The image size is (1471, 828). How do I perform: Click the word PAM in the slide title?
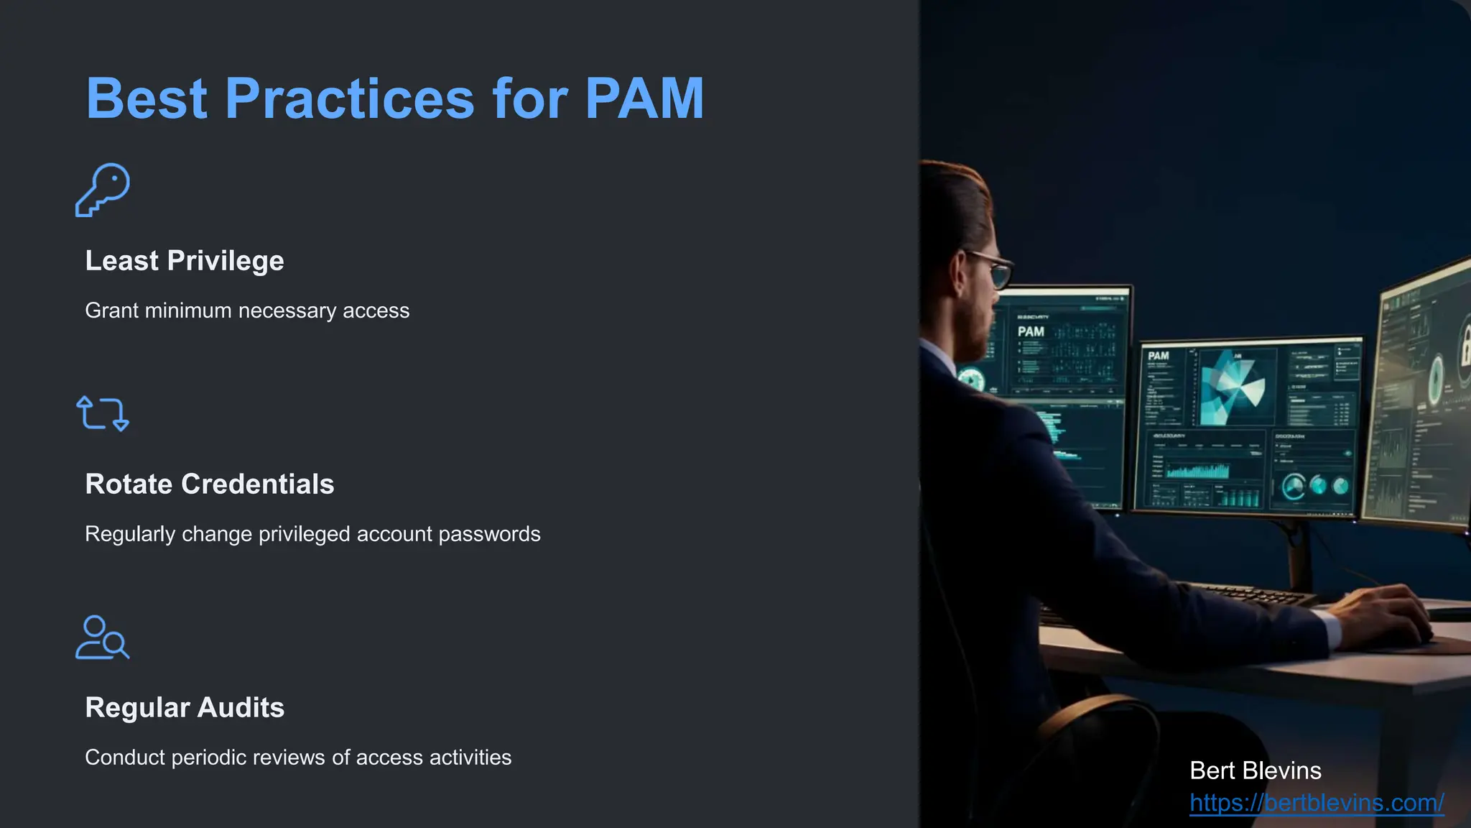click(644, 98)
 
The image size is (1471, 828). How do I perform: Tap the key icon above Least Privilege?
click(103, 190)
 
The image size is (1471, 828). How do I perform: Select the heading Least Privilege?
click(185, 261)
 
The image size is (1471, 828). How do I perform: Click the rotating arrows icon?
click(103, 413)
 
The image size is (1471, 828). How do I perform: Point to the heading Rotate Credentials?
click(210, 484)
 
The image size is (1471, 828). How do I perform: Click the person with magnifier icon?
click(103, 638)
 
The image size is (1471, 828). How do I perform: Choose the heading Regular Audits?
click(185, 708)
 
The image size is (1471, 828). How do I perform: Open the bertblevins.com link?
click(1317, 802)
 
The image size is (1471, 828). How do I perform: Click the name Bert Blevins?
click(1255, 770)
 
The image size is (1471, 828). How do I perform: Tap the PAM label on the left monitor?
click(1031, 331)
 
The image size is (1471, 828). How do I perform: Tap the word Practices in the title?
click(350, 98)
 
